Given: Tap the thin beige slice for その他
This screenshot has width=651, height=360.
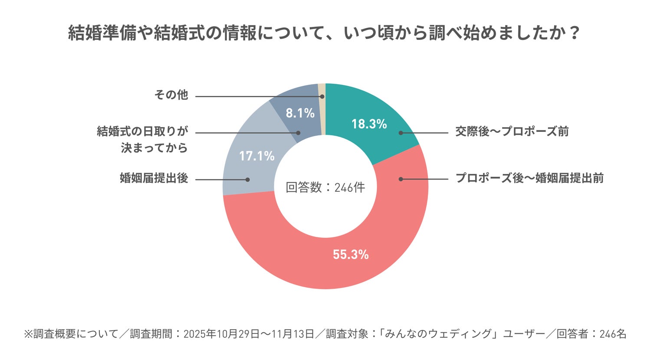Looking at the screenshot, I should point(322,108).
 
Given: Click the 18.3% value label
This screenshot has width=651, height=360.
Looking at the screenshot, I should point(369,124).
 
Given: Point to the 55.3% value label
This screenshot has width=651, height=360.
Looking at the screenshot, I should point(351,255).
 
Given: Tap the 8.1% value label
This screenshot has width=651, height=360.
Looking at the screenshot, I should point(300,113).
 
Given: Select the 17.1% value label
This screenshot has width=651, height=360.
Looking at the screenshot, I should point(257,156).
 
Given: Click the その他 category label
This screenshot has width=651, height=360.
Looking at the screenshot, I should point(171,95).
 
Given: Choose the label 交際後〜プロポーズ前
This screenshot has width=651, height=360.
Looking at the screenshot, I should point(512,131).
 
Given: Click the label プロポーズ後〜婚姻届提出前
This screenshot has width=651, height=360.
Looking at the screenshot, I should point(529,178).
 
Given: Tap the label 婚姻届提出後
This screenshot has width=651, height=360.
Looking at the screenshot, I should point(154,178).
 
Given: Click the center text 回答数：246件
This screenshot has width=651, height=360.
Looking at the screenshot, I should point(325,187).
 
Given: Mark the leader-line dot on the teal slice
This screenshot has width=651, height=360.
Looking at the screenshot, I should point(401,133).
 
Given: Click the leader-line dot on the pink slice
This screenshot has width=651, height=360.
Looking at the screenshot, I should point(401,179).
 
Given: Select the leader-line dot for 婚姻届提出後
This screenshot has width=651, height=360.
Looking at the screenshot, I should point(248,179).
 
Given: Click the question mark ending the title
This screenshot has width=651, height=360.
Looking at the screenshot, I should point(575,33).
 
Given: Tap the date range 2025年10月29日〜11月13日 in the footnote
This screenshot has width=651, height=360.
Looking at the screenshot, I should point(249,334).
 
